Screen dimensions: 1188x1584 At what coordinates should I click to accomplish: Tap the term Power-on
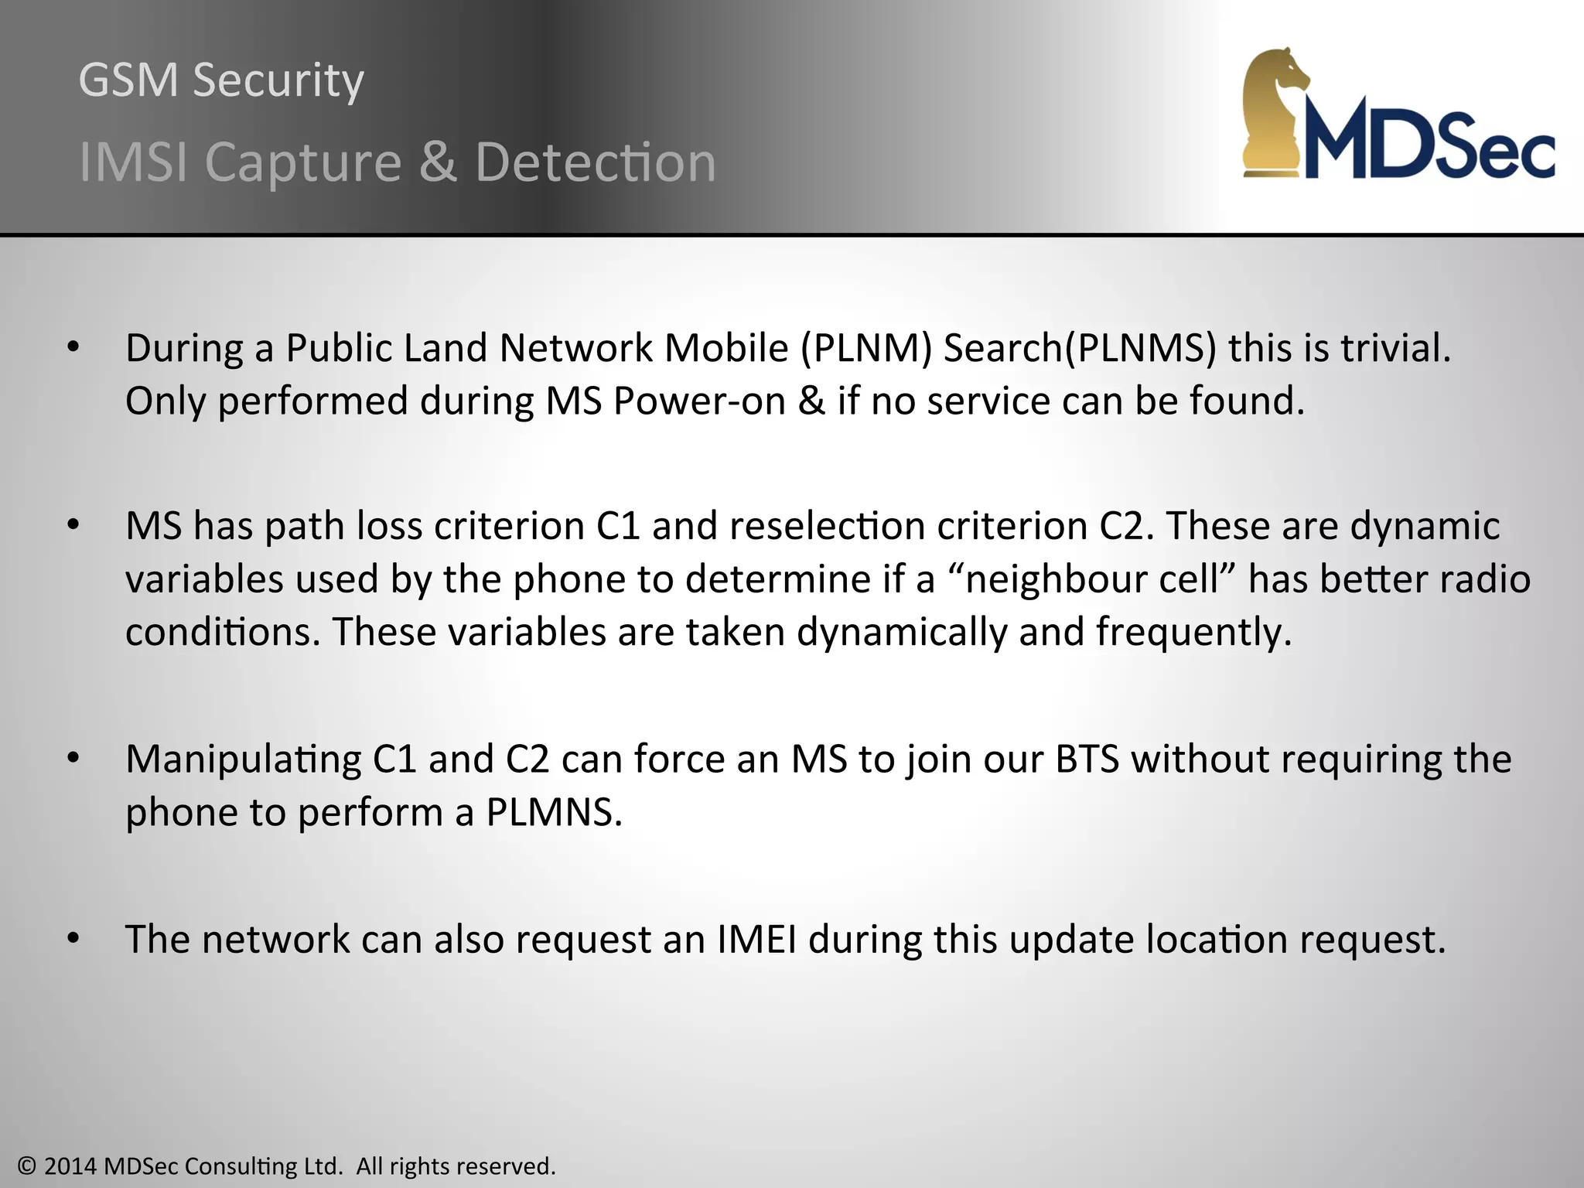(x=700, y=401)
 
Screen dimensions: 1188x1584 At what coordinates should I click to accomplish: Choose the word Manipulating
(x=243, y=760)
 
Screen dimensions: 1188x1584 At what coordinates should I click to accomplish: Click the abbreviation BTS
(x=1087, y=760)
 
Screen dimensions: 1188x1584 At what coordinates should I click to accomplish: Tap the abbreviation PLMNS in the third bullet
(x=554, y=812)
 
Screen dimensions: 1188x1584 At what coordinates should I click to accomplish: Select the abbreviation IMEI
(x=756, y=939)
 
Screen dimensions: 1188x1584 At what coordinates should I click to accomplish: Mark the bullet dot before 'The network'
(x=73, y=939)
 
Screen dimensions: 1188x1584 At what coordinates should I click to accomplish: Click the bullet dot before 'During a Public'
(x=73, y=348)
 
